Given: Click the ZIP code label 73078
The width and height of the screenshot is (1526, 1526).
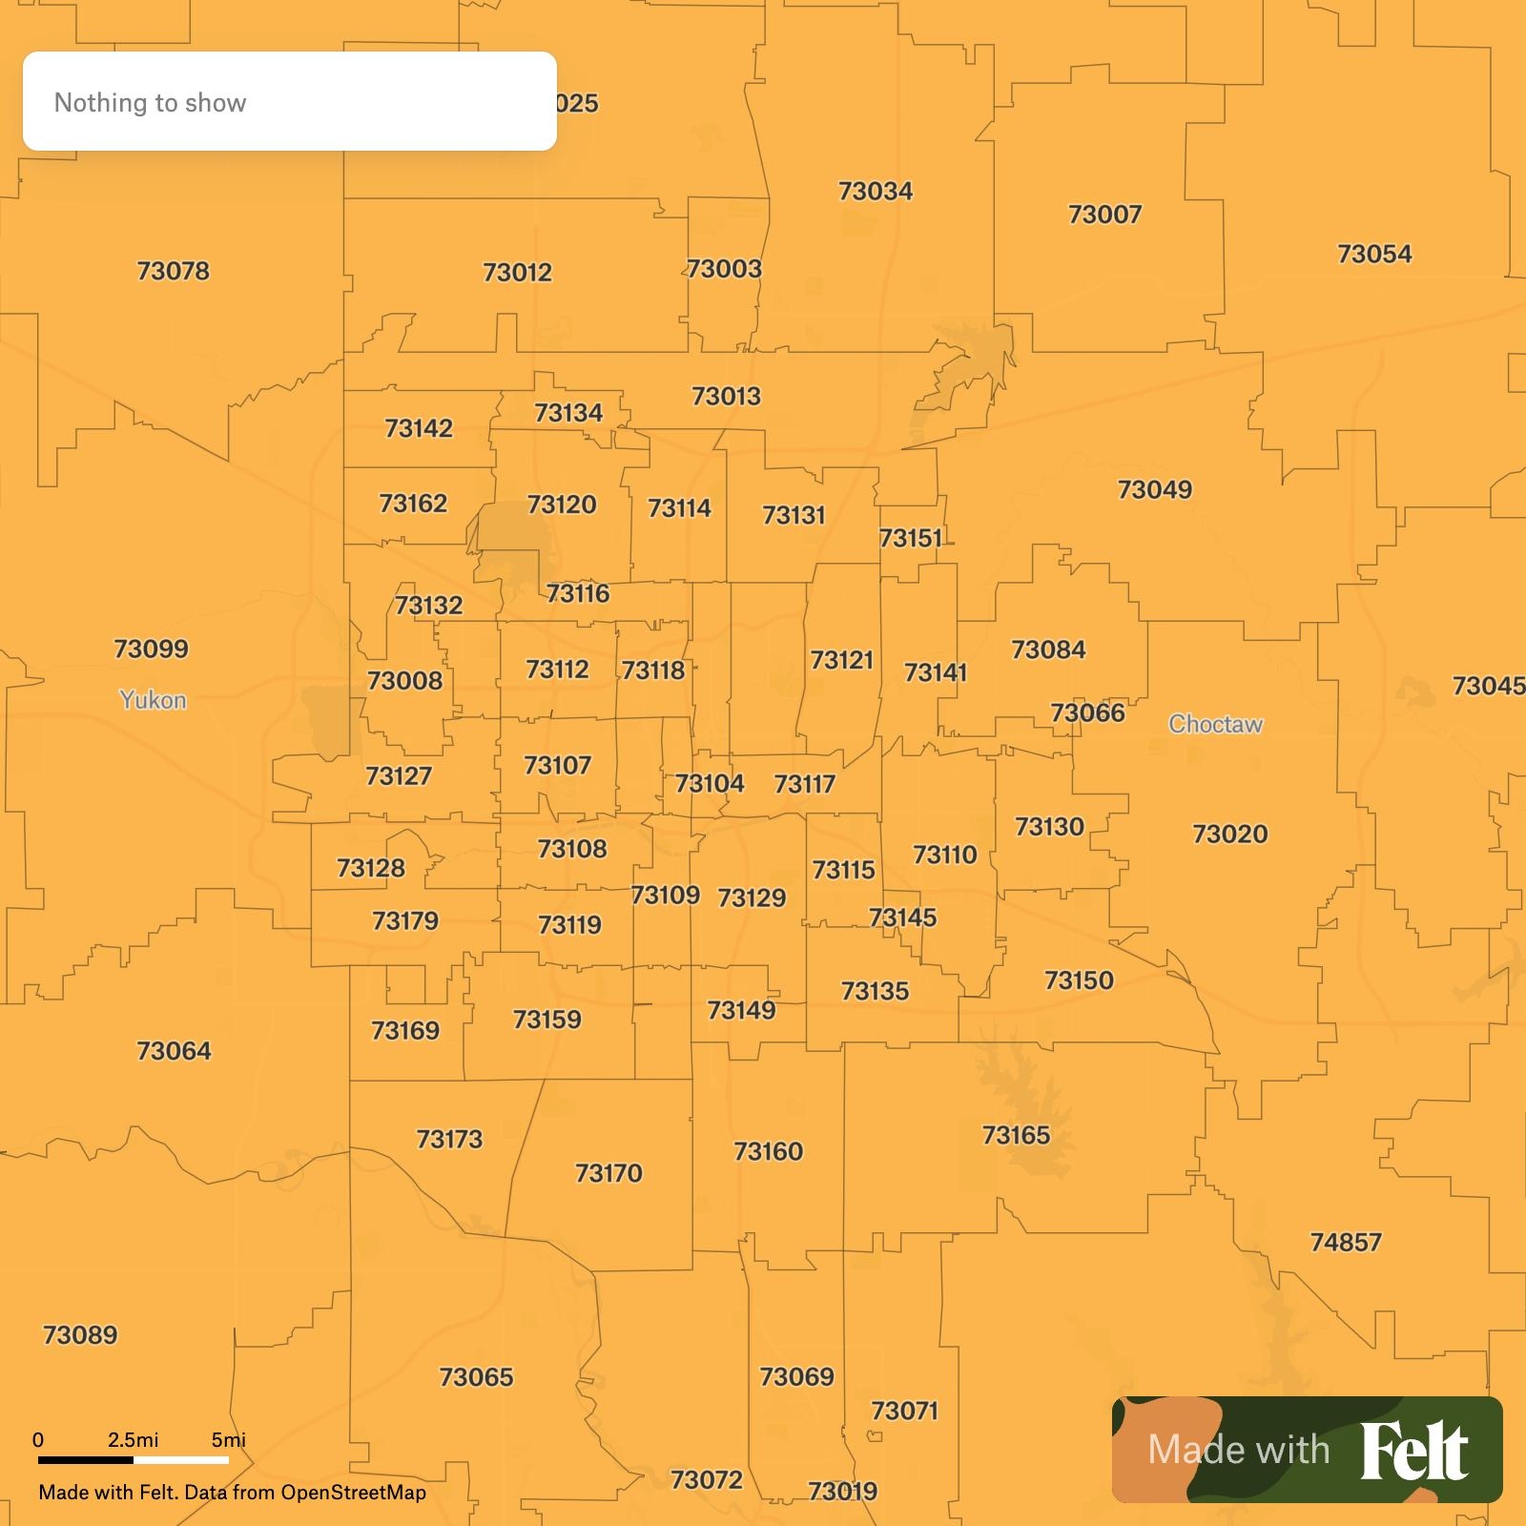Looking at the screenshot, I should pos(173,271).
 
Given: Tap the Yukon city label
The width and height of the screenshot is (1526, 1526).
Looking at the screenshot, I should pos(153,700).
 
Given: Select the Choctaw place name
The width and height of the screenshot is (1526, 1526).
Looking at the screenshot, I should pos(1215,724).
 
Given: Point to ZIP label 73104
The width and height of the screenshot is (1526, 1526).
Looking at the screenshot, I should pos(710,783).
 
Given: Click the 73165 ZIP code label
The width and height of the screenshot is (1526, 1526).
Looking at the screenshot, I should pos(1016,1135).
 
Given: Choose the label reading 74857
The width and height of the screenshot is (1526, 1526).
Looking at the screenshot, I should pos(1345,1242).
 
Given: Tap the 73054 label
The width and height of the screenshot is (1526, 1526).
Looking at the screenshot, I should pos(1373,254).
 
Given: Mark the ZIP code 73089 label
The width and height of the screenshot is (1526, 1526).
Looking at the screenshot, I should pos(80,1334).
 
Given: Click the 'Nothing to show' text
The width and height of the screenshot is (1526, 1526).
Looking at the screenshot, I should pos(150,103).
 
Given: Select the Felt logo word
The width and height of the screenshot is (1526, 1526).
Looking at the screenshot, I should pos(1413,1450).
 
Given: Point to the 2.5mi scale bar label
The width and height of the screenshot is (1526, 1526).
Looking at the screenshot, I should pos(133,1439).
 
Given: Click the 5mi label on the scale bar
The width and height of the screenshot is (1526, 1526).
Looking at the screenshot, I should pos(228,1439).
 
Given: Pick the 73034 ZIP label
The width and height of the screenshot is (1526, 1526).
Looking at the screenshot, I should pos(875,191).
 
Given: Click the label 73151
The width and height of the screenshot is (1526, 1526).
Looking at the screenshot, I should pos(910,538).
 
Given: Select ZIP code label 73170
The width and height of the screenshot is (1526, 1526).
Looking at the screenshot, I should pos(608,1172).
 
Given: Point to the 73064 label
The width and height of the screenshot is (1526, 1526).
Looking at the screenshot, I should pos(174,1050).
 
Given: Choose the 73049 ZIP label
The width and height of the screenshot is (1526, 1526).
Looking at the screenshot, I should pos(1154,489).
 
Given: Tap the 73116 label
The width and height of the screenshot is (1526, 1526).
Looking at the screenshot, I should pos(578,593).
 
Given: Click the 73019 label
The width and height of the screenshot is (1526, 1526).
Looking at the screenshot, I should pos(842,1491).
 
